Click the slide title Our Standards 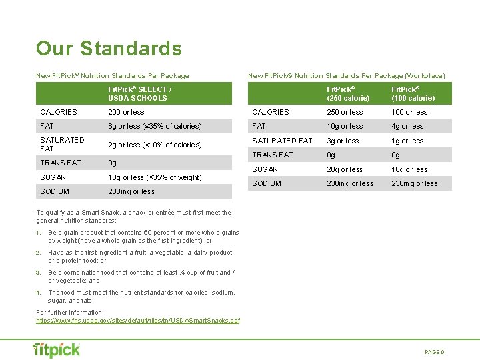coord(109,49)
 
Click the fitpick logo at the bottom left coord(57,349)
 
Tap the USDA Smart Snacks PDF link coord(137,321)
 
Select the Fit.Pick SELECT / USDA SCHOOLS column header coord(139,93)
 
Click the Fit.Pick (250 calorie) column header coord(348,93)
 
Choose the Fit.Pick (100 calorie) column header coord(413,93)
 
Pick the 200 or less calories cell coord(126,112)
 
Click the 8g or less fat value coord(155,126)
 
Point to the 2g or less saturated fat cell coord(155,145)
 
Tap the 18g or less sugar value coord(155,177)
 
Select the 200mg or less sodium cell coord(131,191)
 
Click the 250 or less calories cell coord(345,112)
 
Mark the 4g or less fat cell coord(407,126)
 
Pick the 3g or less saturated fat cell coord(343,141)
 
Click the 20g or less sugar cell coord(345,169)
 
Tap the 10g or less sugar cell coord(409,169)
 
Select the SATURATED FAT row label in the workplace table coord(282,141)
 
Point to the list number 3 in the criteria coord(39,273)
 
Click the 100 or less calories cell coord(409,112)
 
